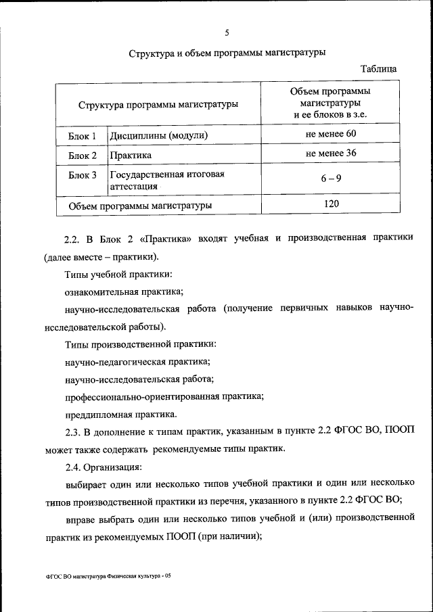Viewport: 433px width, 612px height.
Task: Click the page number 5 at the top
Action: pos(227,32)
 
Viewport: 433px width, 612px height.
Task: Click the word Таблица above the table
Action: pos(383,68)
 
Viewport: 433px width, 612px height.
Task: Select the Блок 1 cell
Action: pos(83,136)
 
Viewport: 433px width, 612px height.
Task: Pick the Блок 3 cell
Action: pos(83,176)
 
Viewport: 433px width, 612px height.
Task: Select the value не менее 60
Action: pos(331,134)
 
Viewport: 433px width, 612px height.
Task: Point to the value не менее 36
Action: pos(331,154)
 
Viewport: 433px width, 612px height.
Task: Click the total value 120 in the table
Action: pos(331,203)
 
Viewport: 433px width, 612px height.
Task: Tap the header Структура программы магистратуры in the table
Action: pos(158,105)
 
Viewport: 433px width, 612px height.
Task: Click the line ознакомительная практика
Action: pos(123,292)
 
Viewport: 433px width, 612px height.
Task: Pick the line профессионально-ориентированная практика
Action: pos(164,396)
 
